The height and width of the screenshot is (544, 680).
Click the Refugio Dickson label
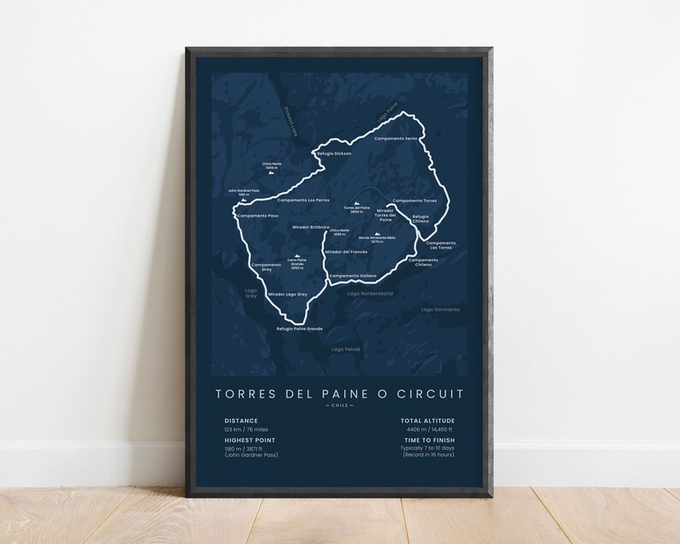[x=334, y=153]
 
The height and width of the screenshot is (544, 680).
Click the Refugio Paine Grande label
[x=299, y=329]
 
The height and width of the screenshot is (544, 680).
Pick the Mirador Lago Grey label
[x=287, y=294]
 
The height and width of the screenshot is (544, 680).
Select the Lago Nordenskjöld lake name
[x=370, y=293]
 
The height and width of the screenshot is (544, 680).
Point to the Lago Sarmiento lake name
[x=440, y=308]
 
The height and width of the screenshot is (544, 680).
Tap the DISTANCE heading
[x=240, y=421]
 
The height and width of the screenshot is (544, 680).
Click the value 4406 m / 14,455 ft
[x=431, y=429]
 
